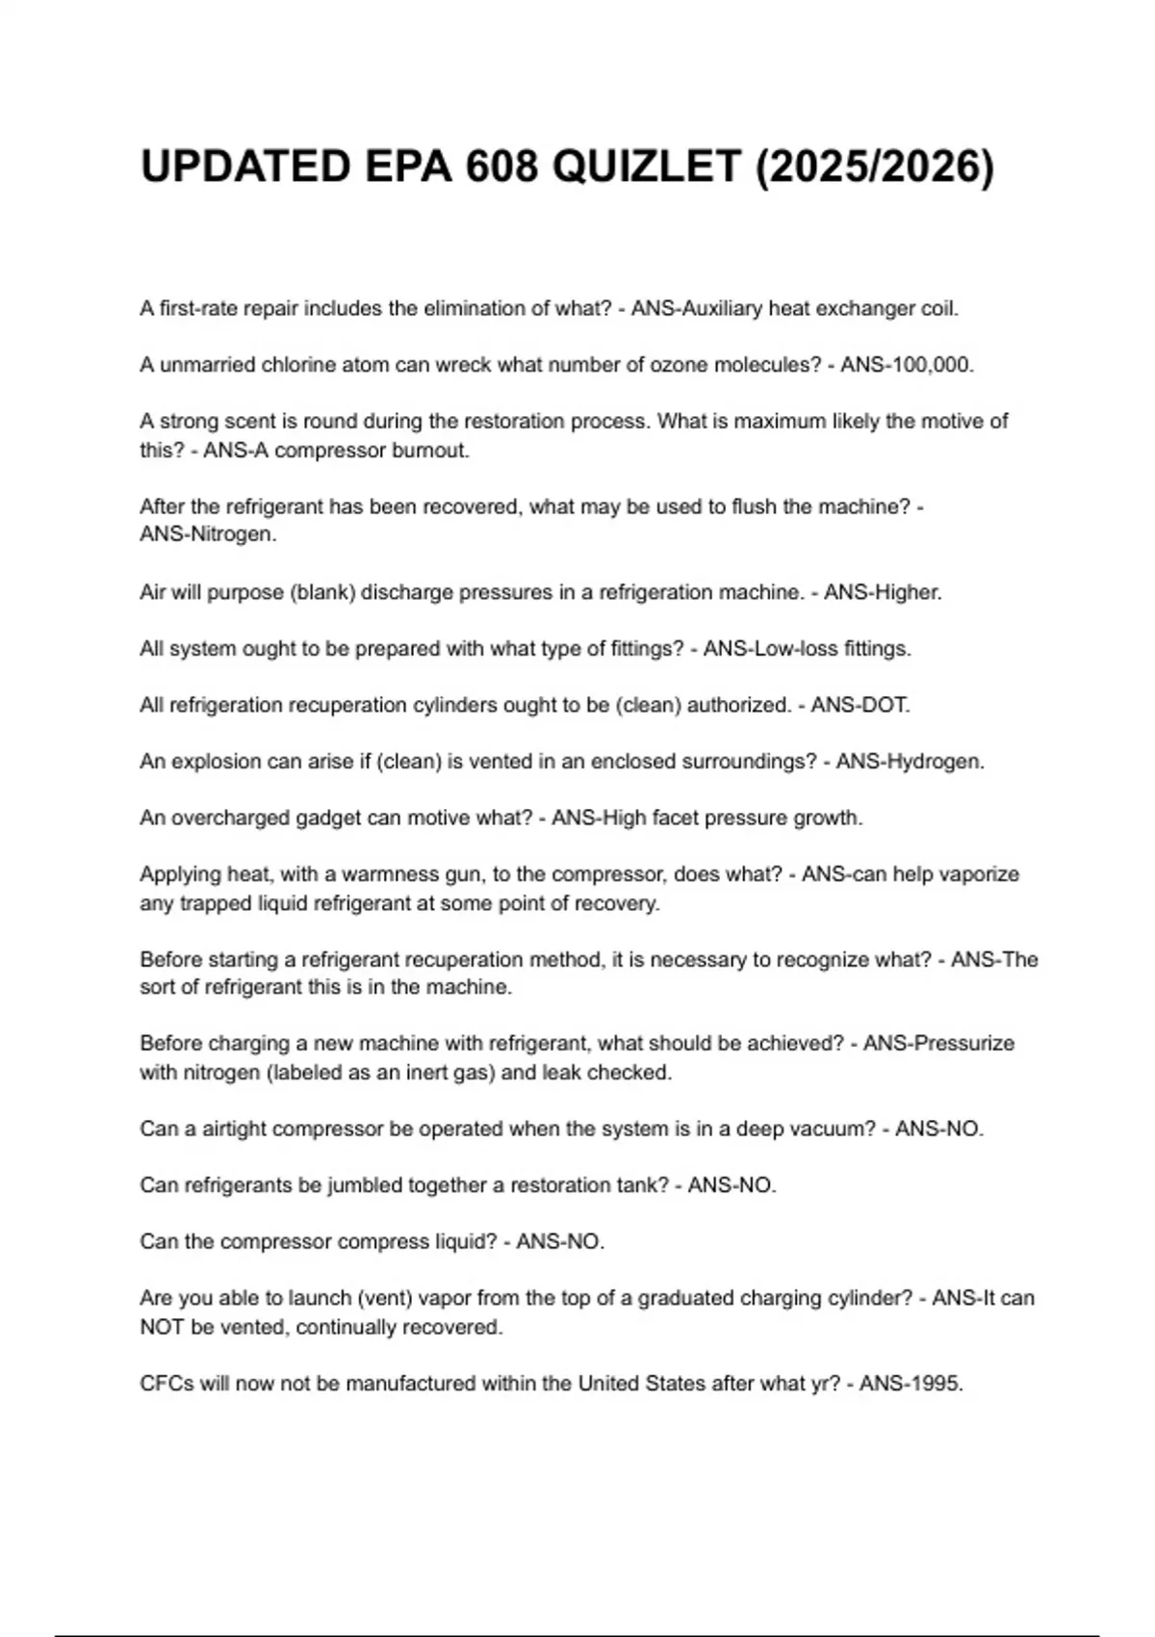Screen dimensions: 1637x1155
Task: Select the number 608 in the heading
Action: (501, 167)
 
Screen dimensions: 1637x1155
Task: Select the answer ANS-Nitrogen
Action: (208, 534)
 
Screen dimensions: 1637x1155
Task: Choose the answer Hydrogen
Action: (933, 762)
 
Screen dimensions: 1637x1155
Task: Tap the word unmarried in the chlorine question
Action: (206, 365)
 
